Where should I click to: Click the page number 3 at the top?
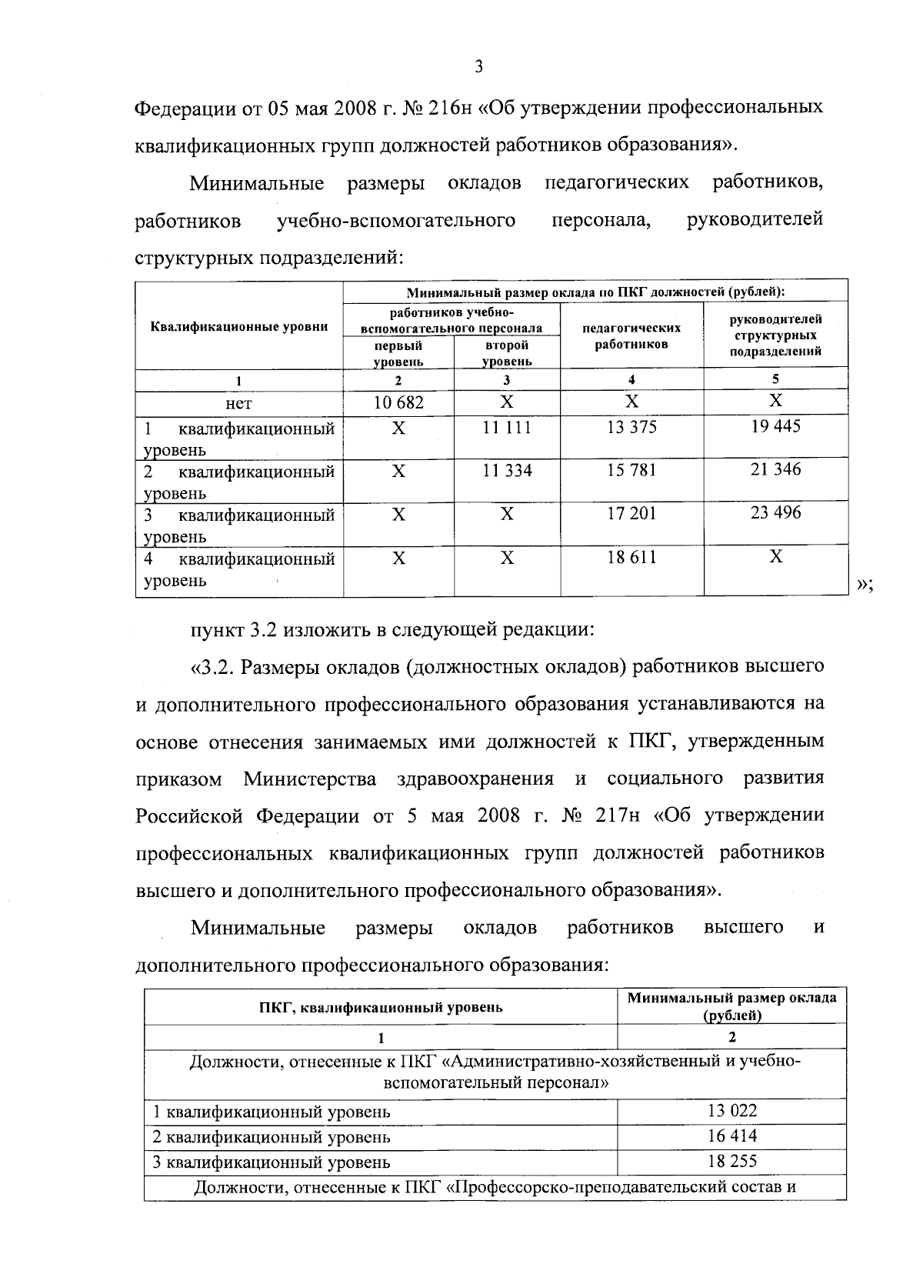coord(478,67)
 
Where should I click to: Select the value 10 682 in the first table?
coord(398,402)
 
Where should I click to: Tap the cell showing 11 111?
coord(507,427)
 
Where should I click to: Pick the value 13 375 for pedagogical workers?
coord(631,427)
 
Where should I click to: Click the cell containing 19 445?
coord(775,425)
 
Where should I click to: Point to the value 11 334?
coord(507,470)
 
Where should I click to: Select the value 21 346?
coord(775,469)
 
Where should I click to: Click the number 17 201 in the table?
coord(631,513)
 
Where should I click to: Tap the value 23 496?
coord(775,512)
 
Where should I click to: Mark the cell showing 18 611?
coord(631,557)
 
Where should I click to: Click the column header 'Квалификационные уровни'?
coord(239,327)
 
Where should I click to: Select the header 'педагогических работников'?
coord(631,335)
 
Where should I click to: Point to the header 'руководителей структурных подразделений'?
coord(775,335)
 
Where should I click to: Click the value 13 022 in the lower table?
coord(731,1110)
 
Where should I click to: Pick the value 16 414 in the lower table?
coord(731,1136)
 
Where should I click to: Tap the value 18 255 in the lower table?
coord(731,1162)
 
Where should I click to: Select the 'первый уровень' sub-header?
coord(398,353)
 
